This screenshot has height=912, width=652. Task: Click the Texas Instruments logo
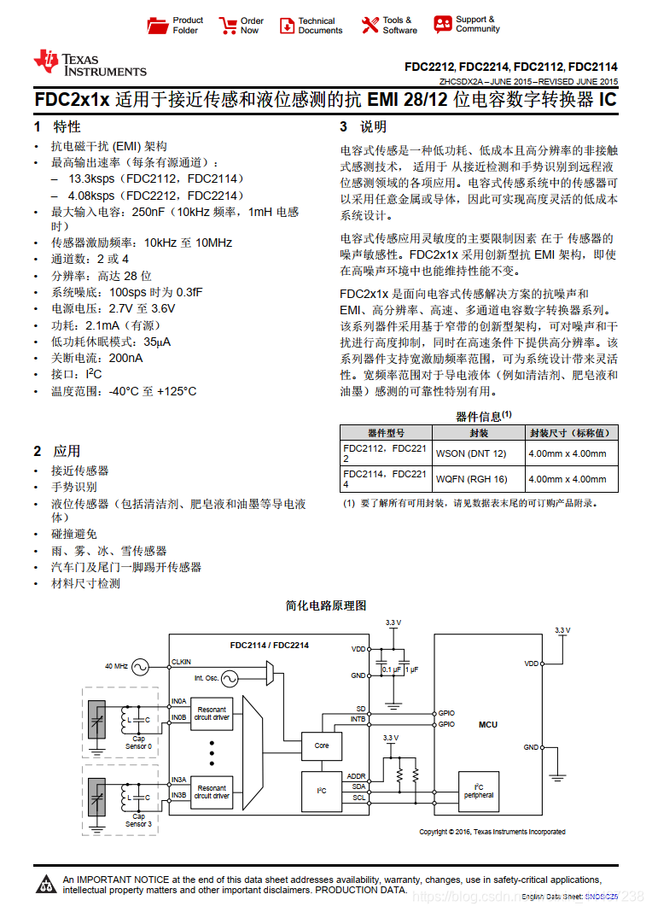(x=89, y=63)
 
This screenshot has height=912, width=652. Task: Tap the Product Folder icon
(x=158, y=26)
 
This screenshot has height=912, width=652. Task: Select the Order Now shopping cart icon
(x=228, y=26)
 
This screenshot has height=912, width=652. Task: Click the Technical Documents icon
(x=287, y=26)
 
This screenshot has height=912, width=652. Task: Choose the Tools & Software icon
(x=370, y=26)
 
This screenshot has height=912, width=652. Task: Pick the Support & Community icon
(x=443, y=25)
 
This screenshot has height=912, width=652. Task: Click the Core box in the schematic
(x=322, y=745)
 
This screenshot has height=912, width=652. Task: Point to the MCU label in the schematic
(x=487, y=725)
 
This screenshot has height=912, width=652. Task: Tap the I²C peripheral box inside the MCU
(x=478, y=791)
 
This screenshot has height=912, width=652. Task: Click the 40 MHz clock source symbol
(x=140, y=665)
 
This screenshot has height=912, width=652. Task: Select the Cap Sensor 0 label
(x=138, y=742)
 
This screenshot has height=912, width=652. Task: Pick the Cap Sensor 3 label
(x=138, y=820)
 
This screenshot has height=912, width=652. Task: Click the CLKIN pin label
(x=182, y=662)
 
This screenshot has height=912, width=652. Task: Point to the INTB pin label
(x=358, y=720)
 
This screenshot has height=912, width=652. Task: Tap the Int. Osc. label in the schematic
(x=206, y=678)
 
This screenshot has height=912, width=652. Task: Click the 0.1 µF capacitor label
(x=391, y=669)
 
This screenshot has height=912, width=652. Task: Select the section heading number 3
(x=344, y=127)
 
